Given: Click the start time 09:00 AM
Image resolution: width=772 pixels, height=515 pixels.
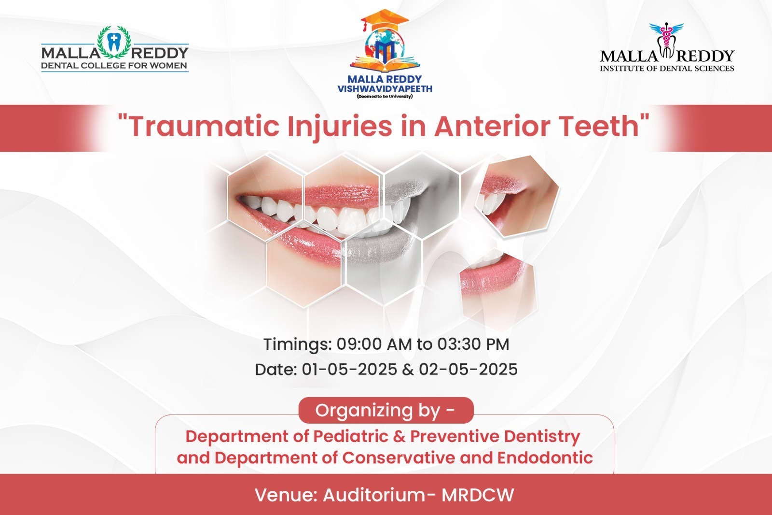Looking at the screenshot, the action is [x=374, y=344].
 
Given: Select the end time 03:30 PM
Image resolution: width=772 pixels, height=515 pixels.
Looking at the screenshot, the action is [x=473, y=344].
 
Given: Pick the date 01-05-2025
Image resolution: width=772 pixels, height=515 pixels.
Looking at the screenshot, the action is [x=349, y=369].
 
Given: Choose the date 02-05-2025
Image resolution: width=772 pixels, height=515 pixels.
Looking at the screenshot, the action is [x=468, y=369].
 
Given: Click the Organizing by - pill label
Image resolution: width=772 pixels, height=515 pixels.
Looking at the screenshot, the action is [x=386, y=411].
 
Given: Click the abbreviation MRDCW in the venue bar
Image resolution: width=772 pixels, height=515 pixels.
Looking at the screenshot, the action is [x=478, y=495].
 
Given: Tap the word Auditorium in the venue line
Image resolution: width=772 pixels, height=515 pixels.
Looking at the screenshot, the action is [x=375, y=495].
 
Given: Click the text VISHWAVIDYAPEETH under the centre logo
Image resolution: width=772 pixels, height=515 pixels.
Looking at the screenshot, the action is [x=385, y=89].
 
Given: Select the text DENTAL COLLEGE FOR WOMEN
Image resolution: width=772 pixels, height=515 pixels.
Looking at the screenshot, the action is [x=114, y=66].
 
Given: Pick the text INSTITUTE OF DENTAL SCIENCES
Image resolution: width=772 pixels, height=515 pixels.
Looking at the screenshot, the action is [x=667, y=68].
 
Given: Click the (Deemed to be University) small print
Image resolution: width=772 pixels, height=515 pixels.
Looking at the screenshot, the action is [x=385, y=96].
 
